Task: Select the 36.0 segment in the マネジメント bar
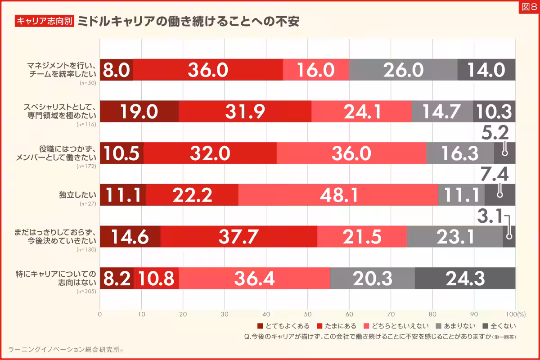[208, 70]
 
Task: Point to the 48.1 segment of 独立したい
[338, 195]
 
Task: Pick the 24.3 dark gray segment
[465, 279]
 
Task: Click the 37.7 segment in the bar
[238, 237]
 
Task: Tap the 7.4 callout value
[495, 174]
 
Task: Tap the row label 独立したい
[78, 195]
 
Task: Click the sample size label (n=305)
[87, 291]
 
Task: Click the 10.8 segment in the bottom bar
[156, 279]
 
